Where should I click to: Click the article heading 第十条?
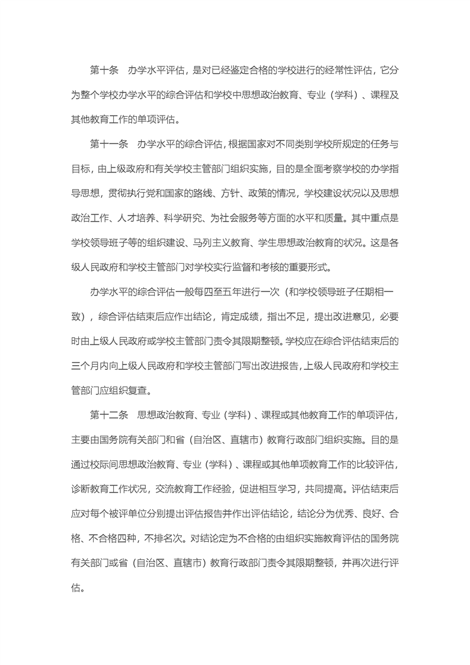click(x=104, y=71)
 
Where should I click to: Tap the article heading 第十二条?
click(x=108, y=414)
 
